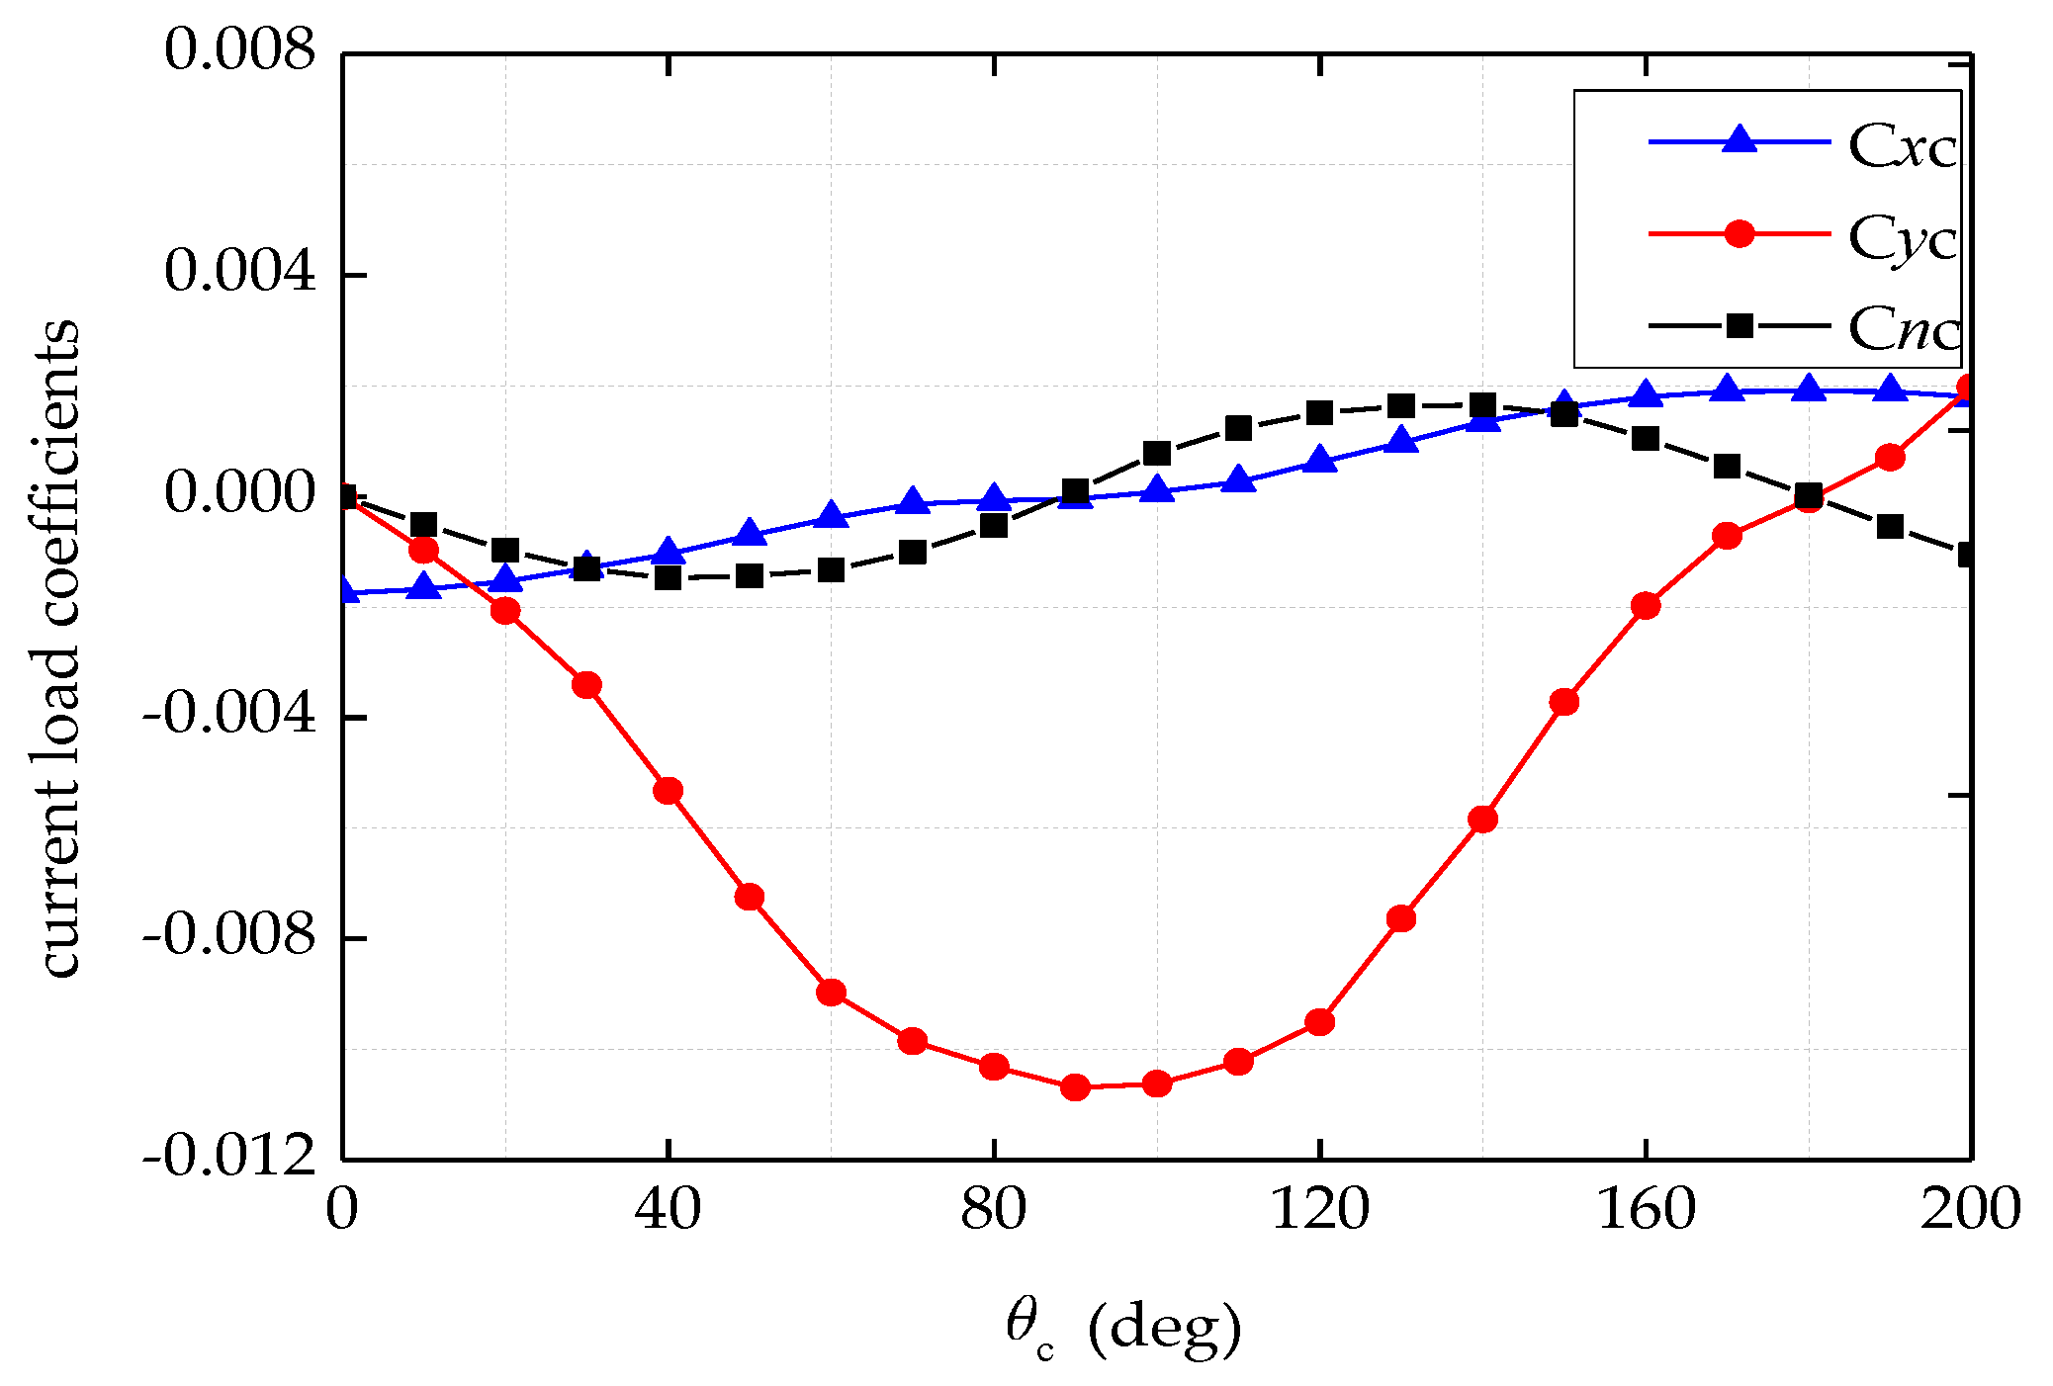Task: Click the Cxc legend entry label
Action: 1902,147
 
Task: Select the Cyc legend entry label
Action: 1902,238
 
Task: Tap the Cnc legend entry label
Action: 1904,327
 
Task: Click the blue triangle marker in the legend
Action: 1739,140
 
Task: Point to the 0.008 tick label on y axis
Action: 240,49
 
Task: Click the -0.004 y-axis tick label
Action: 229,714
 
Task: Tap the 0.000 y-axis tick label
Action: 240,491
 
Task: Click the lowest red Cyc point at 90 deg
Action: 1075,1087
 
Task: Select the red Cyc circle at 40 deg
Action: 669,790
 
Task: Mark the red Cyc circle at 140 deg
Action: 1482,819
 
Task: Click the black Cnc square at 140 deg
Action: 1482,404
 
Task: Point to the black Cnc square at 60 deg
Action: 831,569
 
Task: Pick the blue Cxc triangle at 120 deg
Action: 1319,460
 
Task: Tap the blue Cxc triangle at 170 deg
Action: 1727,389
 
